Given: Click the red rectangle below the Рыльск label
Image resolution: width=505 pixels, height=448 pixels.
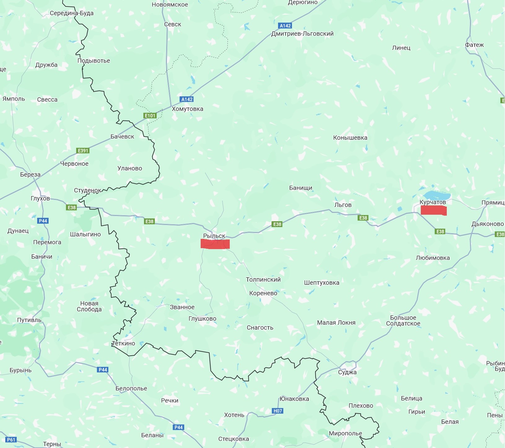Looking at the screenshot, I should tap(215, 244).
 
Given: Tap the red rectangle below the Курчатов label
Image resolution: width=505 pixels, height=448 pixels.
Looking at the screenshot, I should tap(433, 210).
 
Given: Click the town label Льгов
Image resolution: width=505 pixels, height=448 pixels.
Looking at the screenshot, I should tap(343, 205).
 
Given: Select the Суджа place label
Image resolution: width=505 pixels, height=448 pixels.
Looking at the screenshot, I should tap(347, 372).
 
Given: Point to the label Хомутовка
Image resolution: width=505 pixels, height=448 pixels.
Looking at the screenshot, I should tap(187, 109).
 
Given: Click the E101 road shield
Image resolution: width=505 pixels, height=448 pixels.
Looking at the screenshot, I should tap(150, 116).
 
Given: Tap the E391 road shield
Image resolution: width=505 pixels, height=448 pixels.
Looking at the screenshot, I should tap(83, 151).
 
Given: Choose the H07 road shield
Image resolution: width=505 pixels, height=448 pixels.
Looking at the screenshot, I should tap(278, 411).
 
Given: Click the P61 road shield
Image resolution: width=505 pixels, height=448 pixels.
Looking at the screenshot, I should tap(11, 440).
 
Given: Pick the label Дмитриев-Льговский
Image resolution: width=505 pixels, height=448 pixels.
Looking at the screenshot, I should tap(302, 33).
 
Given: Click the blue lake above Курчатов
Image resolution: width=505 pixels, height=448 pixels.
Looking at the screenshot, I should tap(437, 195).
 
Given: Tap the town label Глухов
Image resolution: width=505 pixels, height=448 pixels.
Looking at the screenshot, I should tap(40, 198).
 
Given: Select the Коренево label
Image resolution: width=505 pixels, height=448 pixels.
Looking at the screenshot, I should tap(263, 293).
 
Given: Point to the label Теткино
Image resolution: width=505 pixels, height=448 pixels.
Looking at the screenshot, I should tap(124, 343).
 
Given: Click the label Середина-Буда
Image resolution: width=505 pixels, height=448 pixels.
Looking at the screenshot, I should tap(72, 13).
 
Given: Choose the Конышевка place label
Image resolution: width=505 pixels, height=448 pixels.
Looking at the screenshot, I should tap(350, 138).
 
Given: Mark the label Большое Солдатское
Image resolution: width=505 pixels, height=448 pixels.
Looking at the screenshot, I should tap(403, 321).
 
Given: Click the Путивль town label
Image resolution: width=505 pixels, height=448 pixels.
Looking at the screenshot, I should tap(29, 320).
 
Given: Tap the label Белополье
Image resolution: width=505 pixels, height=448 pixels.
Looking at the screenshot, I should tap(131, 388).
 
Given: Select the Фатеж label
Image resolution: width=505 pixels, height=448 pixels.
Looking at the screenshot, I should tap(474, 45).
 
